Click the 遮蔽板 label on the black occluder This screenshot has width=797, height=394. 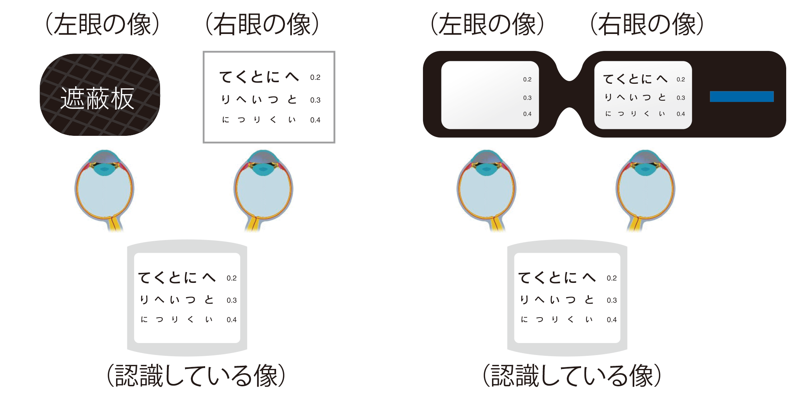(97, 98)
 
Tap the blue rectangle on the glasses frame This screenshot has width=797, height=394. (741, 96)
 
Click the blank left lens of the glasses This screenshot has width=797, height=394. (482, 95)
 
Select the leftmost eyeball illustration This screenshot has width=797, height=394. (104, 189)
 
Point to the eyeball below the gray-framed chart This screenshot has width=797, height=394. (263, 189)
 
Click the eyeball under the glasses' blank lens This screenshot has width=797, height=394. (486, 189)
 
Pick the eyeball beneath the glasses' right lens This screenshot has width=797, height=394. (645, 189)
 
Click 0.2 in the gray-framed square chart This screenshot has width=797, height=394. (315, 78)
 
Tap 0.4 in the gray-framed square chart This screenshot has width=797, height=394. (315, 120)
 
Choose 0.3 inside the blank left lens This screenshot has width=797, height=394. (527, 98)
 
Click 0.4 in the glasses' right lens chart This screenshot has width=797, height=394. (681, 114)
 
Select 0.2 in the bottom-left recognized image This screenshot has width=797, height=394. (231, 278)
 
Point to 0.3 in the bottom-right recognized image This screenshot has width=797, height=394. (612, 300)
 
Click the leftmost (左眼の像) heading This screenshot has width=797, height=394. (102, 24)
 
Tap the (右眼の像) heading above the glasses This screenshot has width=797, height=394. (647, 24)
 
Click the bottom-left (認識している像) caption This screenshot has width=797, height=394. (196, 375)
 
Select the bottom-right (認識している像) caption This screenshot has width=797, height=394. (572, 375)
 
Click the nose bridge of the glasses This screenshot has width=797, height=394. (569, 94)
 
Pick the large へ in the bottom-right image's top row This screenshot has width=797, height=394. (589, 277)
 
